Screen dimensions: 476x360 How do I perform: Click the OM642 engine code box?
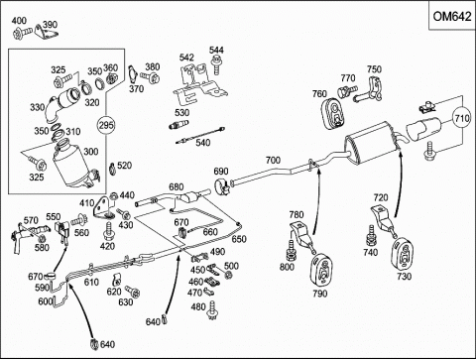[x=452, y=16]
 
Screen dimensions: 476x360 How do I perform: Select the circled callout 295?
[x=106, y=125]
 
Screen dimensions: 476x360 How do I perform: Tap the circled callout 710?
[x=461, y=118]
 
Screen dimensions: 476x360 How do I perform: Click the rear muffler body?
[x=370, y=142]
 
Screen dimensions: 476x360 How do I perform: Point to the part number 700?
[x=273, y=161]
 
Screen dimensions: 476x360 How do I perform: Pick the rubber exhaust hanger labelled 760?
[x=333, y=113]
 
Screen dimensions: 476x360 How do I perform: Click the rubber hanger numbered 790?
[x=321, y=270]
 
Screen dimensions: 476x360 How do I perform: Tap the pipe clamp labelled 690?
[x=222, y=187]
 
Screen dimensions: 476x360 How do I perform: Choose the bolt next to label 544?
[x=215, y=64]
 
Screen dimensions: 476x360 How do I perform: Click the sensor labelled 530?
[x=178, y=125]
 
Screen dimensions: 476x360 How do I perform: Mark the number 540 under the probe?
[x=203, y=143]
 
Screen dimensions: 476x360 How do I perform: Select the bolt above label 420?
[x=108, y=231]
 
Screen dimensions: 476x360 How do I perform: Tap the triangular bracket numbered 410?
[x=102, y=207]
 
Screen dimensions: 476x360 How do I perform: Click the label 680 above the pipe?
[x=176, y=186]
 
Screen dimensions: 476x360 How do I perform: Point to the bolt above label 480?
[x=212, y=310]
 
